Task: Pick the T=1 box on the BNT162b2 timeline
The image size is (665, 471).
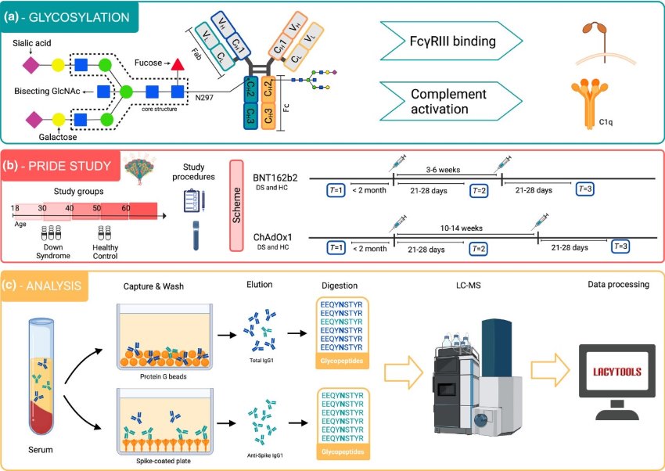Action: (x=337, y=190)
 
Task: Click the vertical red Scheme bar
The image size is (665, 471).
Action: (x=239, y=206)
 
